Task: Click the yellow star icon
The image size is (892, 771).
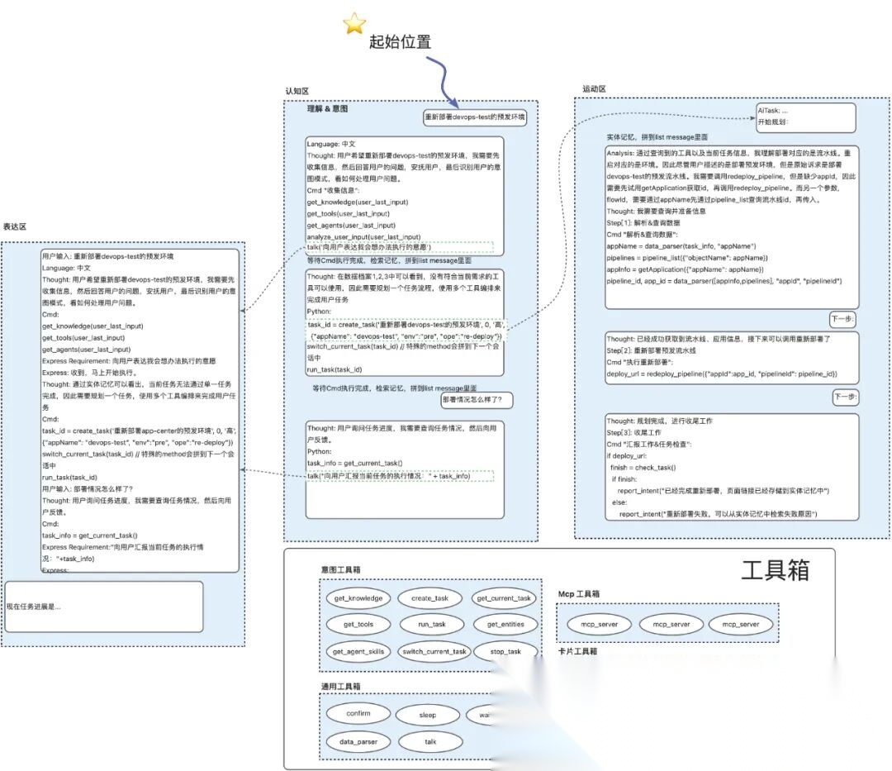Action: (354, 24)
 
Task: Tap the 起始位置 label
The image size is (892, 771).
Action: (400, 41)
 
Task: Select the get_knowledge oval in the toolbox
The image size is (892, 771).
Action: (358, 598)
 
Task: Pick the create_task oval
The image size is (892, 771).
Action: (429, 598)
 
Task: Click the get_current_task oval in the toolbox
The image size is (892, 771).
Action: (504, 598)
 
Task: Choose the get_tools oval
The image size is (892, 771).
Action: (358, 625)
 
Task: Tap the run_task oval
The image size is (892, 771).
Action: (429, 625)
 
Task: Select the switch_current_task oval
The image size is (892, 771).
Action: (434, 651)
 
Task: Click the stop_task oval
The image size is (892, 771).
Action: (505, 651)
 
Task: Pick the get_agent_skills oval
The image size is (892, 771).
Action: (358, 651)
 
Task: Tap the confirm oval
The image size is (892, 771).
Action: (358, 713)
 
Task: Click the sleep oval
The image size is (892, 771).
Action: (427, 715)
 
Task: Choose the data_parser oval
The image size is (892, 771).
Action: (358, 741)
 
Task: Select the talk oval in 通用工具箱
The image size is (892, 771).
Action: (430, 741)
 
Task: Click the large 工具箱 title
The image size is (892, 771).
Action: (775, 570)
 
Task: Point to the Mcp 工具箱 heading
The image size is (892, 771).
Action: (578, 593)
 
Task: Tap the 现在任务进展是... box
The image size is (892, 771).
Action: (104, 607)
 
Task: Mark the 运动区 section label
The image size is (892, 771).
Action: (594, 89)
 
